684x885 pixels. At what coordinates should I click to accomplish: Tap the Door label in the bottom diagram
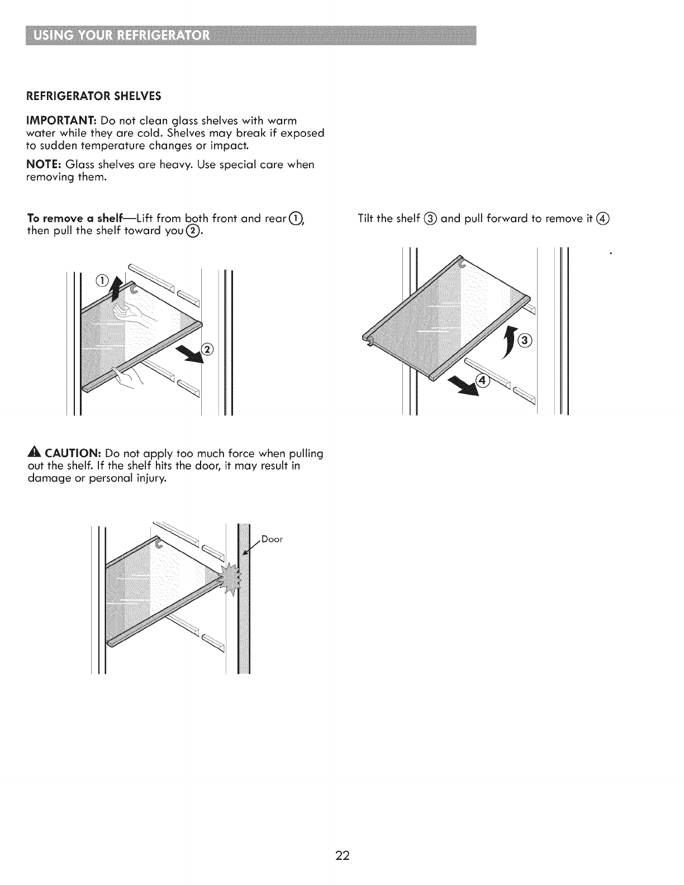point(273,539)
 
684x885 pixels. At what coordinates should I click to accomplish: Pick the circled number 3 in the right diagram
point(525,340)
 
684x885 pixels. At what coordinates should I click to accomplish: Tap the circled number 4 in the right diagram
point(482,381)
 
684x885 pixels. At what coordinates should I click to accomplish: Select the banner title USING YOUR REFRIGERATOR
point(122,37)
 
